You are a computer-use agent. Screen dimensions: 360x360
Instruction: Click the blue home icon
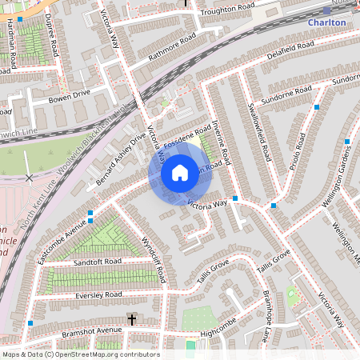coord(180,173)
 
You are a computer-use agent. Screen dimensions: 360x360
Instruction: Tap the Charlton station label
coord(328,22)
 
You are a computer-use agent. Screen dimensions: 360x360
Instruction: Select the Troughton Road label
coord(227,10)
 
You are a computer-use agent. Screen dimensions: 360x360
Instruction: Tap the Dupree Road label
coord(52,34)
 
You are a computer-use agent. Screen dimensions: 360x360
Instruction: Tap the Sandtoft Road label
coord(96,262)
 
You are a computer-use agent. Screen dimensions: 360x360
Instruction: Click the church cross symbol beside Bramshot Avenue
coord(131,319)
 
